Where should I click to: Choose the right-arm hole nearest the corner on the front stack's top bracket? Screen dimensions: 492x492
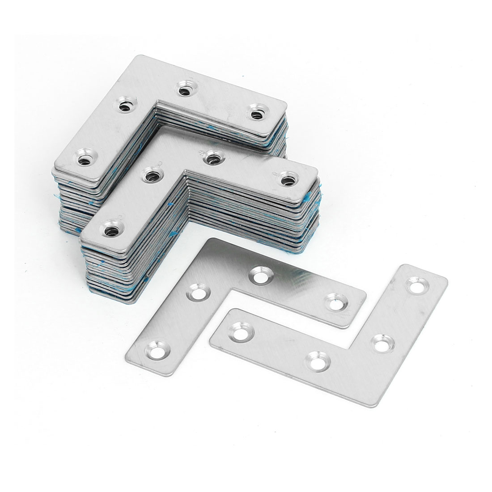(210, 157)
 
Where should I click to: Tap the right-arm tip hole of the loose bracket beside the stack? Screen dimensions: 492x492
(335, 303)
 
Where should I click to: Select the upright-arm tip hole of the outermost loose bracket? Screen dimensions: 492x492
(417, 285)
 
